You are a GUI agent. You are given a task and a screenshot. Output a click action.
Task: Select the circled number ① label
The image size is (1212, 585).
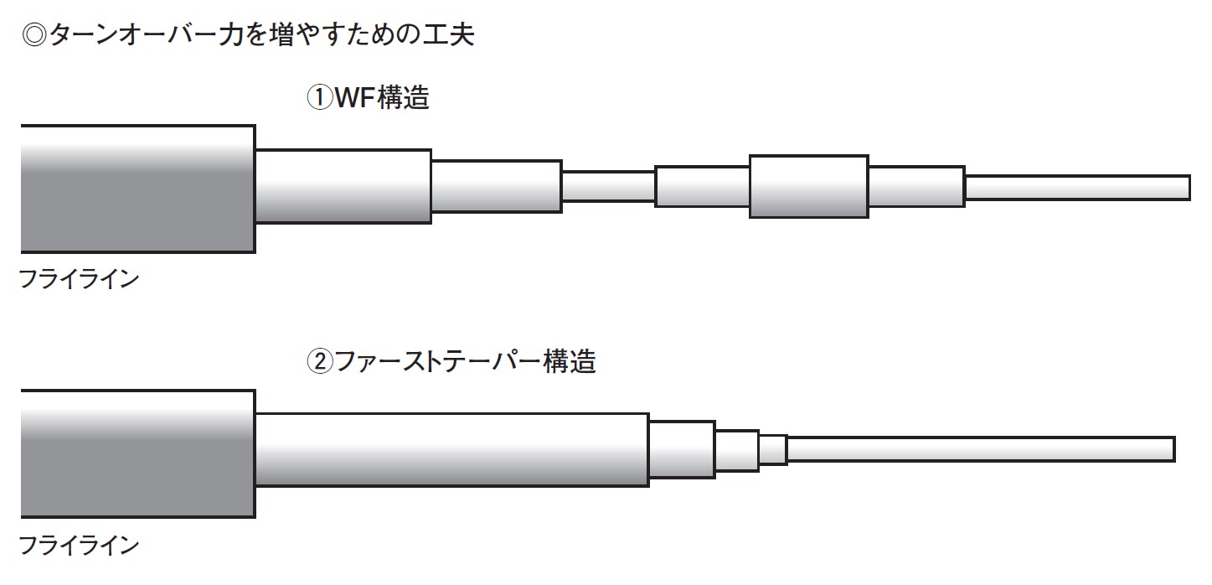click(319, 98)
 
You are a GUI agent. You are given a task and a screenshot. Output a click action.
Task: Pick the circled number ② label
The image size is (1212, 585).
click(319, 362)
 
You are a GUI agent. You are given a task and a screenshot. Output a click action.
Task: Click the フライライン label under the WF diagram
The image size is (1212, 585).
click(79, 280)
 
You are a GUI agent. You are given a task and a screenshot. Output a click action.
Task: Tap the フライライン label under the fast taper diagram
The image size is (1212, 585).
click(79, 546)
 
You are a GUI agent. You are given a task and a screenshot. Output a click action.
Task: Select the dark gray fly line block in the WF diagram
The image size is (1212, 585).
click(137, 189)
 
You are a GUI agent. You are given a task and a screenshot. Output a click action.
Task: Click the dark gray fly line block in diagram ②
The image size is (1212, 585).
click(137, 453)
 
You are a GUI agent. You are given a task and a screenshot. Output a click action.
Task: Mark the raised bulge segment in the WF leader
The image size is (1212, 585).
click(808, 186)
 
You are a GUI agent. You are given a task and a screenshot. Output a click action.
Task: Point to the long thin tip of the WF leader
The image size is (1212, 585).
click(1077, 188)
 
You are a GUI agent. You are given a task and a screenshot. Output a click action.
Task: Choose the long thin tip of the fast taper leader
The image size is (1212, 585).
click(980, 449)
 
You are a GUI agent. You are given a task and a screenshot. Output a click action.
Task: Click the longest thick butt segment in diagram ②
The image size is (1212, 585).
click(451, 449)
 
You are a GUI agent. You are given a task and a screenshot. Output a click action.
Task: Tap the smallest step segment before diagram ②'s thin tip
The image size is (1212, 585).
click(772, 449)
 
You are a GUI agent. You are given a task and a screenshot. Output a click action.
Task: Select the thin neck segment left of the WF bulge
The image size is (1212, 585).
click(607, 186)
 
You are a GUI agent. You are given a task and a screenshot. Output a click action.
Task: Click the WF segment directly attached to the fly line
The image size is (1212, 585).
click(343, 186)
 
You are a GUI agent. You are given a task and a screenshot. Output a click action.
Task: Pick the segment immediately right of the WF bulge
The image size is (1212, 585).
click(915, 187)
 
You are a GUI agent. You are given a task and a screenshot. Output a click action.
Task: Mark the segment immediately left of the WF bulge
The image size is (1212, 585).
click(702, 187)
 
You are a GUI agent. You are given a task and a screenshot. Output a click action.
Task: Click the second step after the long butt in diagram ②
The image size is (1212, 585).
click(736, 449)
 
